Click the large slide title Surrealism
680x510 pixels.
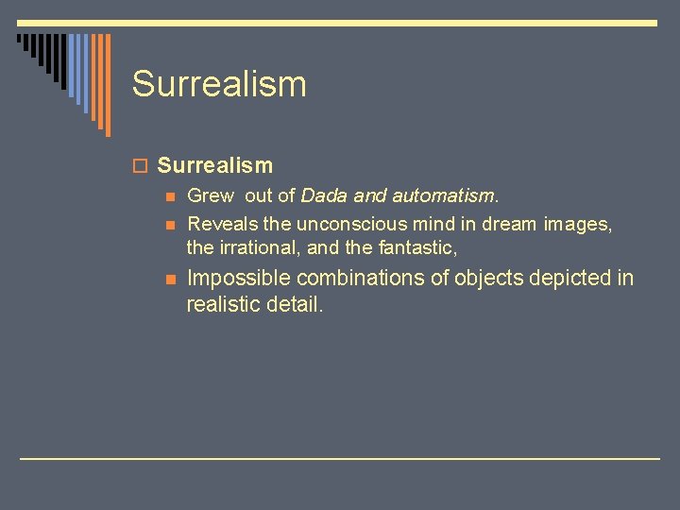219,84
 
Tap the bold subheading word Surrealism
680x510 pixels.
215,165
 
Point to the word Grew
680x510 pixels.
211,195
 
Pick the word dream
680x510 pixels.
510,224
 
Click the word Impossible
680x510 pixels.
238,278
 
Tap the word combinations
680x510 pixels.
365,278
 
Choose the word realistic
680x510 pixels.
223,304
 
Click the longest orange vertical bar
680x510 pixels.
108,85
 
